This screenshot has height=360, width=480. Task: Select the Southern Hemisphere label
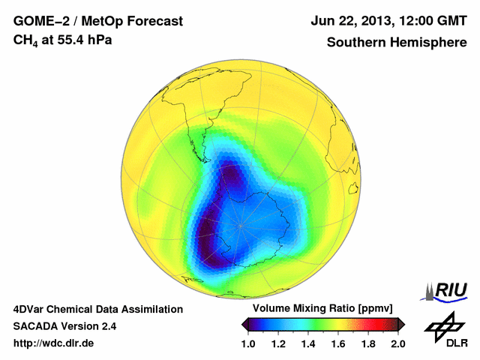(x=397, y=42)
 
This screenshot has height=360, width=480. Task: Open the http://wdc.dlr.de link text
(x=54, y=343)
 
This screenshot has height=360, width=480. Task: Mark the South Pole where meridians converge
(x=240, y=224)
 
